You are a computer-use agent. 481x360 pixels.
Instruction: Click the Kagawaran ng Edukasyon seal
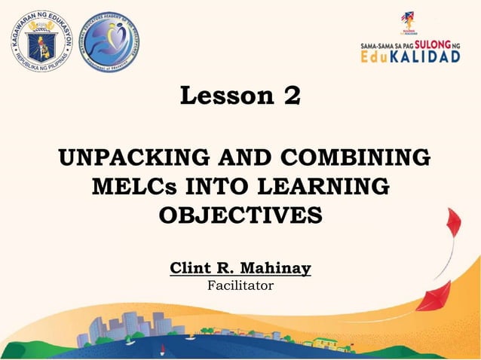click(x=42, y=42)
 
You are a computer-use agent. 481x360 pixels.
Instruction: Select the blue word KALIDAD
click(x=429, y=58)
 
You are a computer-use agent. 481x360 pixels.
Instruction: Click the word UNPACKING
click(x=136, y=160)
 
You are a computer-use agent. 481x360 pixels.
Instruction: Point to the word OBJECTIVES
click(x=240, y=213)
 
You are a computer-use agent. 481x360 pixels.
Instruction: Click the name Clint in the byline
click(x=193, y=267)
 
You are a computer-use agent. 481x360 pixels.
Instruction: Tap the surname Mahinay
click(x=277, y=267)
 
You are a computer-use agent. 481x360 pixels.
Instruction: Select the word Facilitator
click(x=240, y=285)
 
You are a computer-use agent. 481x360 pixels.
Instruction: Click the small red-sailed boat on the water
click(x=163, y=348)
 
